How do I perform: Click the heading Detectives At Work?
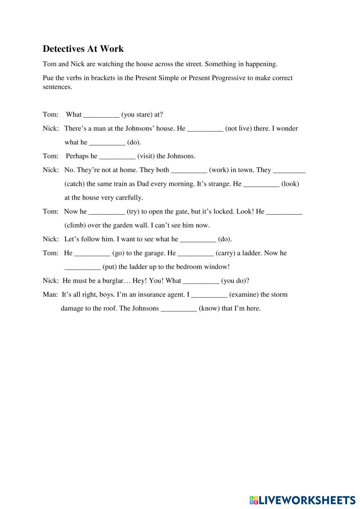point(83,49)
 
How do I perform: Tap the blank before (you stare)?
point(101,115)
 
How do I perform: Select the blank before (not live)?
point(205,129)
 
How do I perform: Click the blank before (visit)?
point(117,157)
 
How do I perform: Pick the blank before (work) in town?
point(189,170)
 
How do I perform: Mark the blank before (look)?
point(261,184)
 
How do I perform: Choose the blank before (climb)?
point(284,212)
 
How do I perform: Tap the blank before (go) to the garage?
point(92,253)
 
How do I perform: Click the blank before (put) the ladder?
point(82,267)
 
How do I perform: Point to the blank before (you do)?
point(201,281)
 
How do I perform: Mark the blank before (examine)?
point(209,295)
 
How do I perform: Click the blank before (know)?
point(179,309)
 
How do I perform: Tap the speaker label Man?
point(50,294)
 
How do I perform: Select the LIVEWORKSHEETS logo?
point(302,500)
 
